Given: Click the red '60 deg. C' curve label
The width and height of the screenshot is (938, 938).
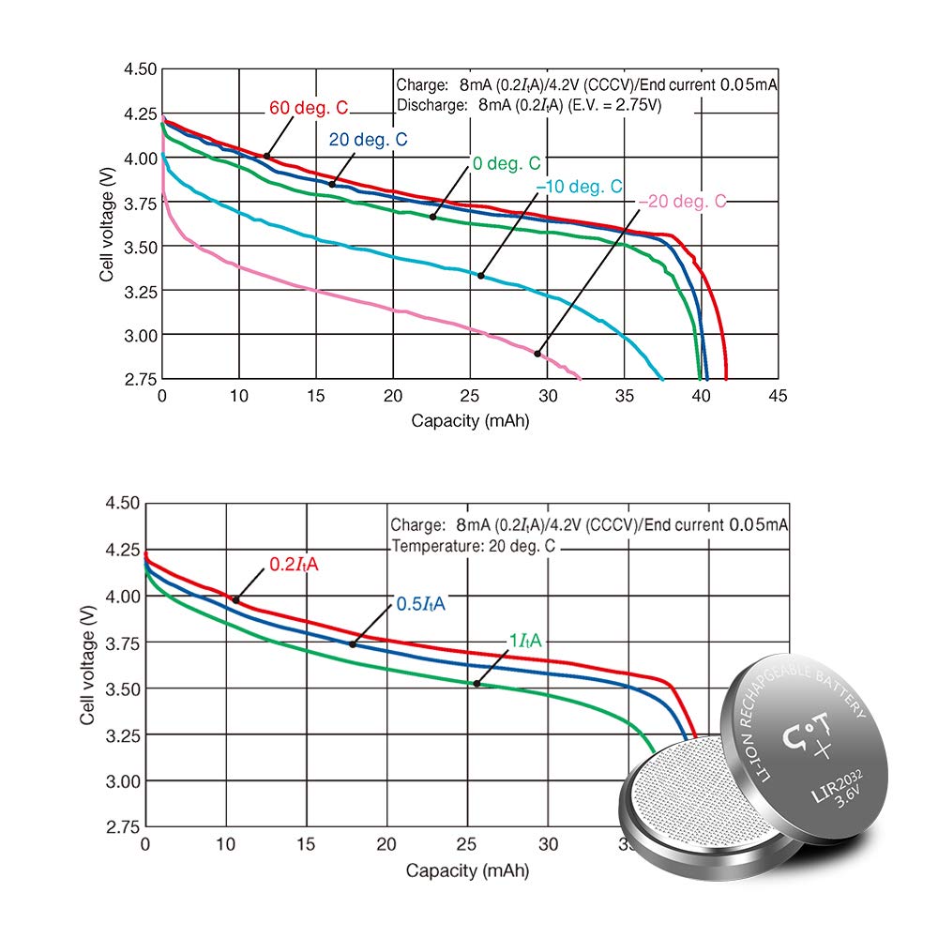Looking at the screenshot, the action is (308, 108).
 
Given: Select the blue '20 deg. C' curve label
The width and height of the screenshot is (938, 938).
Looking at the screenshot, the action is (368, 140).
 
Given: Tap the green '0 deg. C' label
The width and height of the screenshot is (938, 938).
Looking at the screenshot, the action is (507, 163).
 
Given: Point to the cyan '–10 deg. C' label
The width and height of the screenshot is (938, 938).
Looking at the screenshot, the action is (579, 187).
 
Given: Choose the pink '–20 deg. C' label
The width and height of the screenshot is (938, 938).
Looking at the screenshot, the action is (683, 201).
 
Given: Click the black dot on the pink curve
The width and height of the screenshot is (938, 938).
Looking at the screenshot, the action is (537, 354).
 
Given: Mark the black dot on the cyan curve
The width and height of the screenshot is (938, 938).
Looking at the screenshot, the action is (481, 276).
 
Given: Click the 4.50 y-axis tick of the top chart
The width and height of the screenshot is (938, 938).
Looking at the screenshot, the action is (140, 69).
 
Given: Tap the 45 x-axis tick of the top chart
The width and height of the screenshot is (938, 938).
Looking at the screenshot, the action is (778, 396).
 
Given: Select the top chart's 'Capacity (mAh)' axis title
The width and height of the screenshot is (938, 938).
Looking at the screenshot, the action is (470, 420).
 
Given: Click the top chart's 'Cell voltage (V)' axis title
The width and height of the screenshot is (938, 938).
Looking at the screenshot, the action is (107, 224).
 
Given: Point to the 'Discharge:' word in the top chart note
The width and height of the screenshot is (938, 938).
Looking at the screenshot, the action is (431, 105).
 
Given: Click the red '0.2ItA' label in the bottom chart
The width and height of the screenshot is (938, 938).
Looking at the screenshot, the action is (294, 564).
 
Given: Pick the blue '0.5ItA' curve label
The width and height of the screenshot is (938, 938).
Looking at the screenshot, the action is (420, 603).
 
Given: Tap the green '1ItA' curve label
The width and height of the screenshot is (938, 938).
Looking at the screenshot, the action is (524, 641).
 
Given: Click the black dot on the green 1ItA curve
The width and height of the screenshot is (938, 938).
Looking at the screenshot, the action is (477, 684).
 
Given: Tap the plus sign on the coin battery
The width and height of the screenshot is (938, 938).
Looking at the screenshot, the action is (824, 749).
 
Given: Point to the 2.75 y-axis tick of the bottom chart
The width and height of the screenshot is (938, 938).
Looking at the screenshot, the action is (123, 827).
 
